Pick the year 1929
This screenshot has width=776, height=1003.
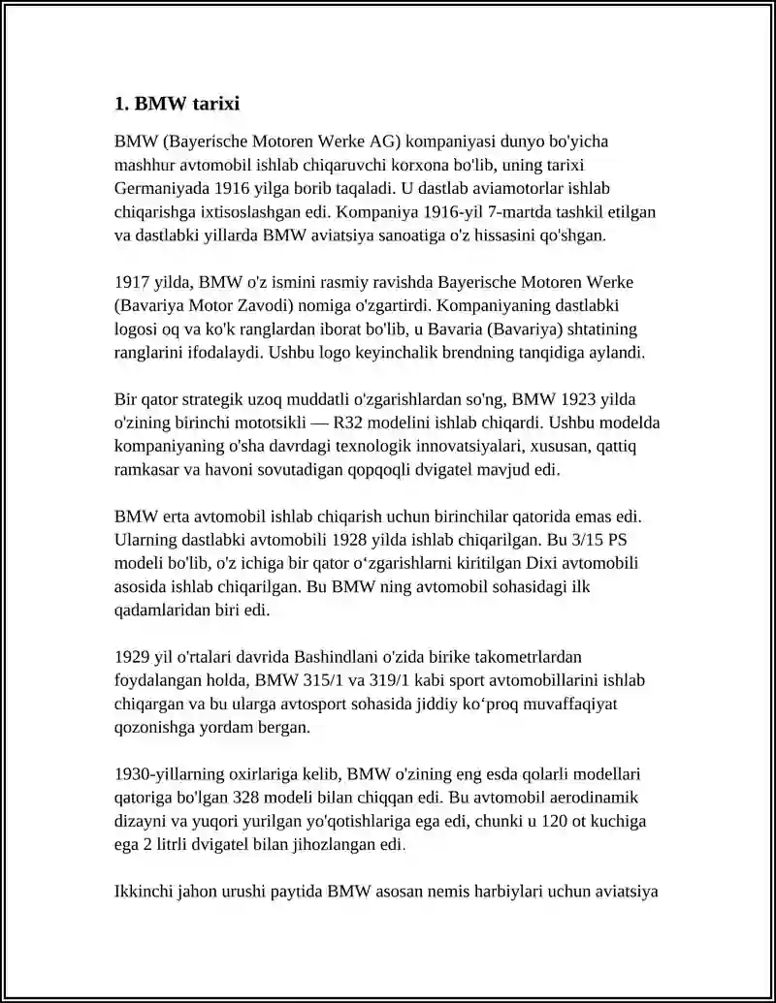tap(131, 656)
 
